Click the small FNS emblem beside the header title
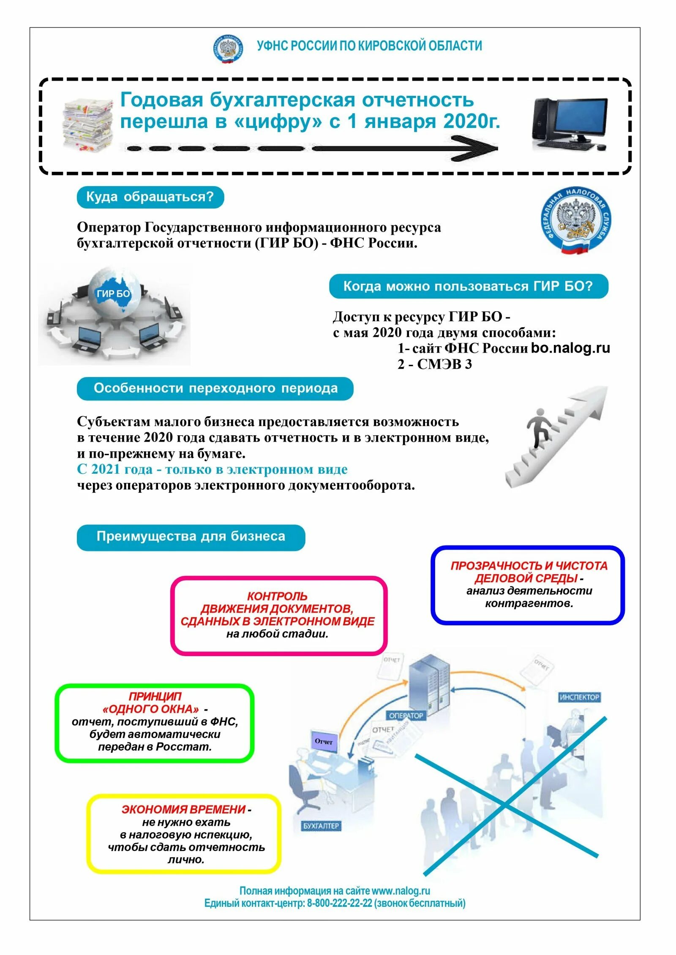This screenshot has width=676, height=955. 228,49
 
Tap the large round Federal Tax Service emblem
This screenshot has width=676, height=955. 576,220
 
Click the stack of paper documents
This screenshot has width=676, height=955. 88,125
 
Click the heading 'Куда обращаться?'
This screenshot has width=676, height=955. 150,197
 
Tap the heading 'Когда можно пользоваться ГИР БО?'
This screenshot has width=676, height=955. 468,286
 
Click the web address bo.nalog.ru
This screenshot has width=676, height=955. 570,348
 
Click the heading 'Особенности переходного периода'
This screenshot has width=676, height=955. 215,388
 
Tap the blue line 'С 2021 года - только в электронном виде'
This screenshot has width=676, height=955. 212,469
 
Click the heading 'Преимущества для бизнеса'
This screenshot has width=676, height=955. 191,536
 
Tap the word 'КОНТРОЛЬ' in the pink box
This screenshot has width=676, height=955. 277,596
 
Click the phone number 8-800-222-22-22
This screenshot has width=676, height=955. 340,903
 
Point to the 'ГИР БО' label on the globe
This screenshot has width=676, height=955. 113,294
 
